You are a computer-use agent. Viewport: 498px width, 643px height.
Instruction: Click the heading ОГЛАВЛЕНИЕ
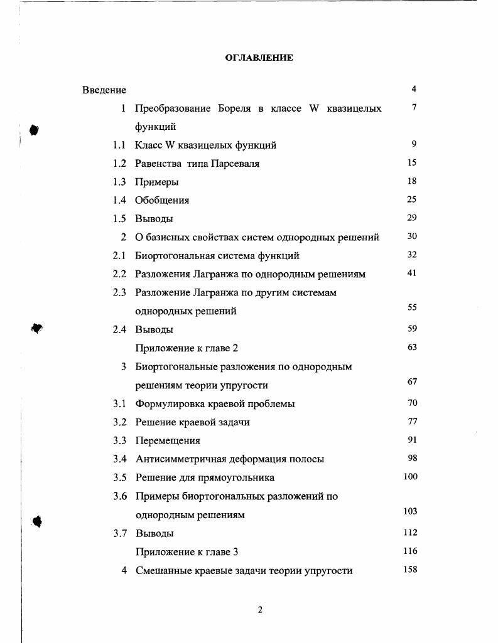coord(259,58)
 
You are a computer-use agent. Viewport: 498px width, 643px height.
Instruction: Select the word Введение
coord(104,90)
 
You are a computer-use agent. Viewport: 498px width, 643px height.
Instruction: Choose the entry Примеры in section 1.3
coord(156,182)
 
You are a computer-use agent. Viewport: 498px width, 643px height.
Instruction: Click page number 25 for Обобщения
coord(412,199)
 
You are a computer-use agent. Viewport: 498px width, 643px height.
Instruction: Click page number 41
coord(412,273)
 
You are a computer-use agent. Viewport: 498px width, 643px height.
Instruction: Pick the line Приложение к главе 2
coord(187,348)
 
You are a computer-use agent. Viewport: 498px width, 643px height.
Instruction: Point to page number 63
coord(412,347)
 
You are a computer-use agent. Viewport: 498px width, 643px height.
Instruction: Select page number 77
coord(412,422)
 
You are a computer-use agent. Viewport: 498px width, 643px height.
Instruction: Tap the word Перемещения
coord(168,440)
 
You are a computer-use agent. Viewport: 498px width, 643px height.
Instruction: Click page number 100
coord(410,477)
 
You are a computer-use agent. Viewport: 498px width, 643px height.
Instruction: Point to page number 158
coord(410,570)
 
